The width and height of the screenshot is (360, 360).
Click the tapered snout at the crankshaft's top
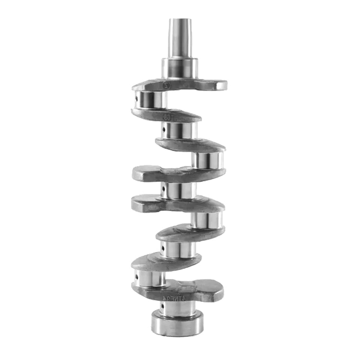180,38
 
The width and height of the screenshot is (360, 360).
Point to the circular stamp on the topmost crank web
166,84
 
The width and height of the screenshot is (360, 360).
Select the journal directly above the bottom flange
178,308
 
